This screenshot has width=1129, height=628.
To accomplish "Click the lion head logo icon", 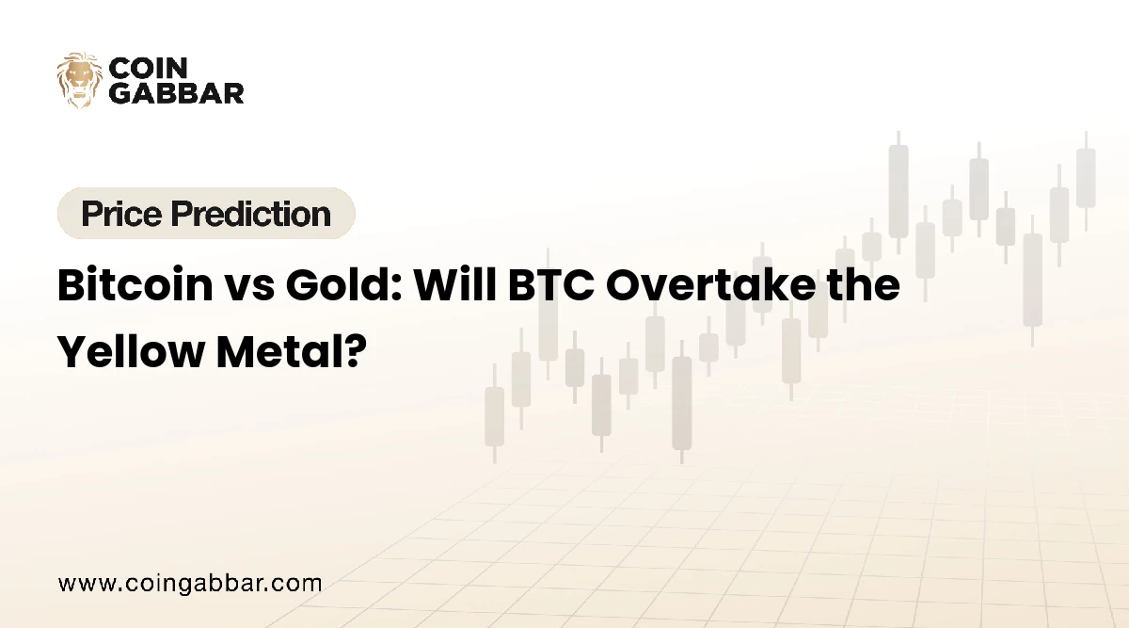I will click(79, 80).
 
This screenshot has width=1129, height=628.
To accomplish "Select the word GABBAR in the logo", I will click(177, 92).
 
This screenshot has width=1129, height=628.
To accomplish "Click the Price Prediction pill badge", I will click(206, 214).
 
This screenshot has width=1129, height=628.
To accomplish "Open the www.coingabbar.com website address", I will click(190, 584).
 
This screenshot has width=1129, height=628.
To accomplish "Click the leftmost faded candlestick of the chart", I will click(494, 415).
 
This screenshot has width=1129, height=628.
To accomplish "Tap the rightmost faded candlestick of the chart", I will click(1086, 178).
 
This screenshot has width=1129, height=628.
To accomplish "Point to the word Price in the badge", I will click(119, 214).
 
